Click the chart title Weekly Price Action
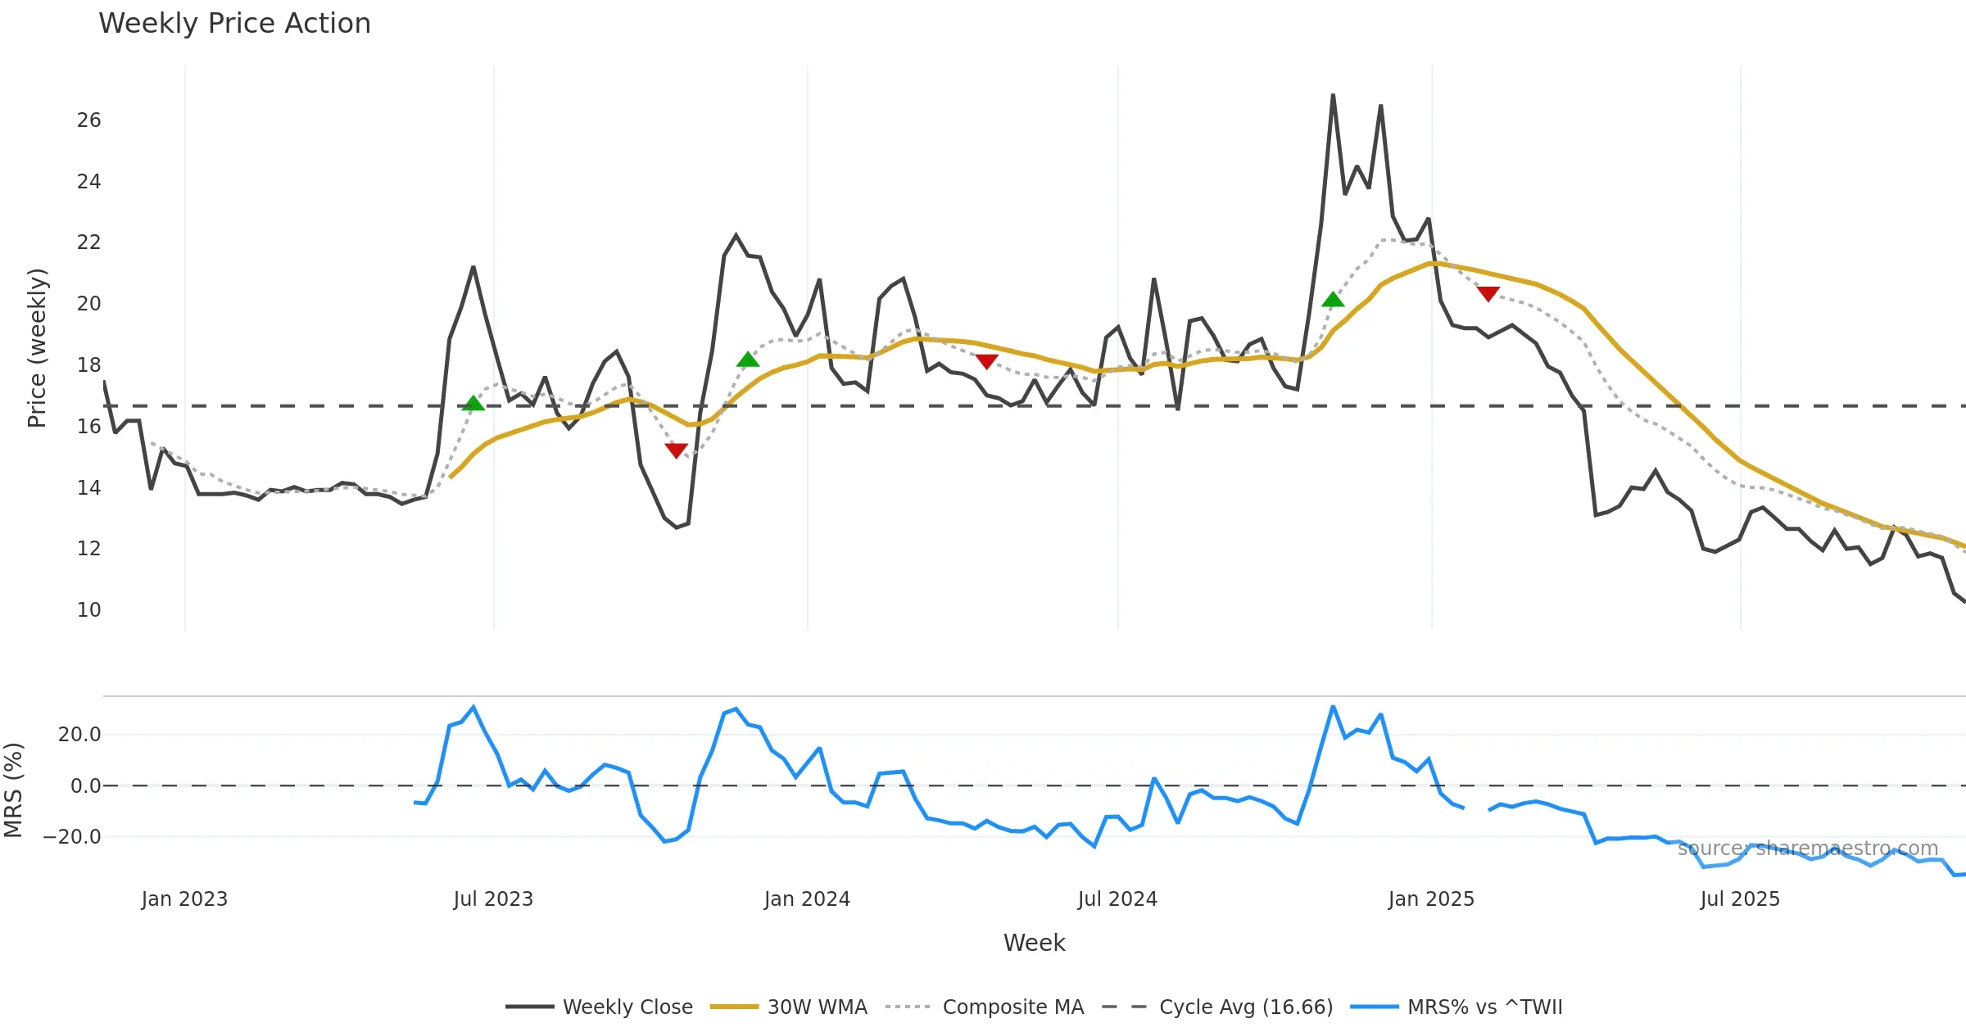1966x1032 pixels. (234, 24)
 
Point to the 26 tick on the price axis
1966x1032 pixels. (88, 120)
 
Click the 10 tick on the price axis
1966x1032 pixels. (88, 610)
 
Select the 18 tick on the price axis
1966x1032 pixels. (88, 365)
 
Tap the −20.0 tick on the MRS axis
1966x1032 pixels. (72, 837)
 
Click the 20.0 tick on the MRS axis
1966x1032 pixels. (79, 735)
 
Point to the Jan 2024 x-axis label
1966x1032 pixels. (807, 899)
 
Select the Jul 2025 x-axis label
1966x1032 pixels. (1740, 899)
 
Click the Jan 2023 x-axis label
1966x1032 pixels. (184, 899)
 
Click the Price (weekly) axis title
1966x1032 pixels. (37, 348)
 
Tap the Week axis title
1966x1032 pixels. (1034, 944)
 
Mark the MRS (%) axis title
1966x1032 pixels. (14, 790)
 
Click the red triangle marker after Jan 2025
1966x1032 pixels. (1488, 293)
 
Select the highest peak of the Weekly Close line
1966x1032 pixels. (1333, 95)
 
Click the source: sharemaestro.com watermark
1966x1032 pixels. (1808, 849)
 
